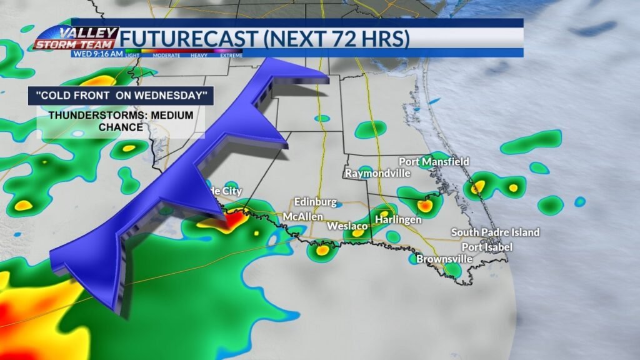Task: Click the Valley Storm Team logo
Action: (76, 37)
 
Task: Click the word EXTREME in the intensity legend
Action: (231, 56)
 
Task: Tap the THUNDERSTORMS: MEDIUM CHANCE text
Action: (121, 121)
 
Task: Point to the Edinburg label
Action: (316, 202)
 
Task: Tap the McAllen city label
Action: (302, 216)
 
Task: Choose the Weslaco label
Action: (346, 225)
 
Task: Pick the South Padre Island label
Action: (495, 232)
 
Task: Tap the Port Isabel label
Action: (491, 247)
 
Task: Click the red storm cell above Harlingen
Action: (424, 205)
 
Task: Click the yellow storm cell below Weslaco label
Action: (358, 234)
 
